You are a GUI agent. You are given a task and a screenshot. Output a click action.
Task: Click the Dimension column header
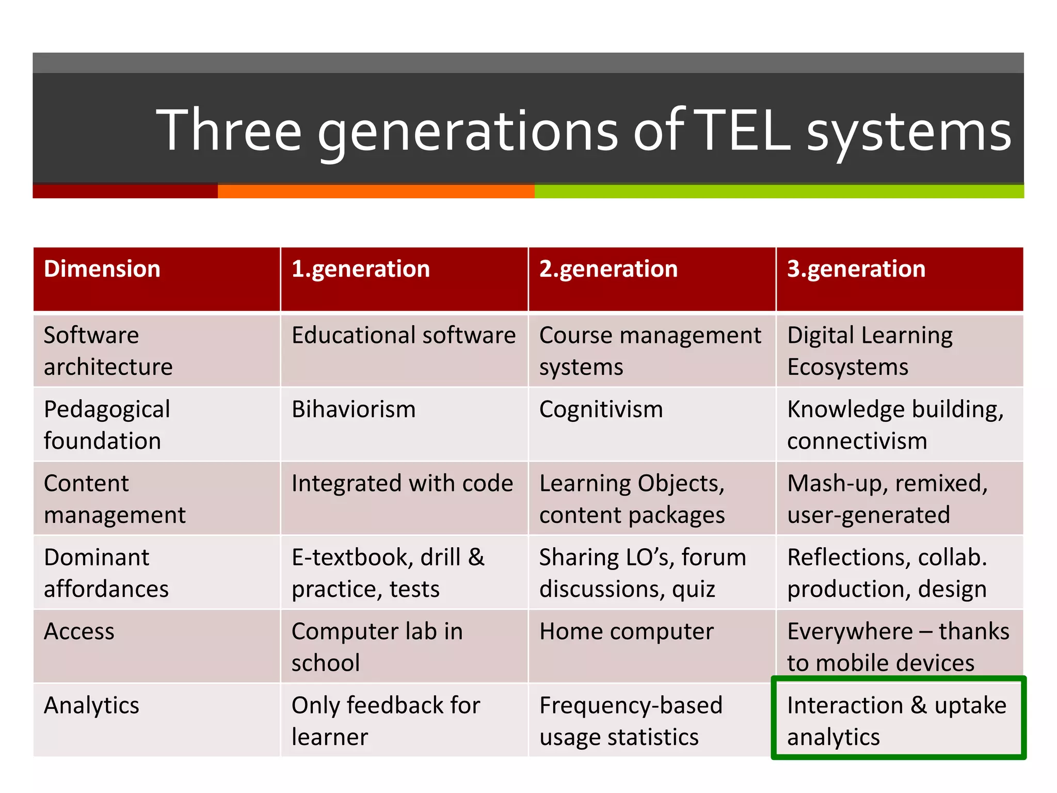[102, 269]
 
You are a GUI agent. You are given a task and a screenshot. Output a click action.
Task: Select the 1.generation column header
[360, 269]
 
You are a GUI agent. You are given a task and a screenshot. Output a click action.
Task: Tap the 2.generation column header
[608, 269]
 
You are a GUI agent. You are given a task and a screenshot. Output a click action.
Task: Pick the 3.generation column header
[856, 269]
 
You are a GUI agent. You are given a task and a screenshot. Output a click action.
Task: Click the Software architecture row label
[108, 351]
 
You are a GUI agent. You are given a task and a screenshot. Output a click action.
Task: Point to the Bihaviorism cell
[354, 409]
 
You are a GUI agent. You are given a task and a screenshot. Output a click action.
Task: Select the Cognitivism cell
[601, 409]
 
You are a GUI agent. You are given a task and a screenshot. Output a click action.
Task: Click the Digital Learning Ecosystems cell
[870, 351]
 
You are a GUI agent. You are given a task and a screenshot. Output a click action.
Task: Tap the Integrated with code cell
[402, 484]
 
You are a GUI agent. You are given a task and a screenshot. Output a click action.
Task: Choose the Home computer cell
[626, 631]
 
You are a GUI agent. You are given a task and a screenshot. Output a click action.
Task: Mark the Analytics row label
[91, 705]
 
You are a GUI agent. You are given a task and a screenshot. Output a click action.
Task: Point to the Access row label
[79, 631]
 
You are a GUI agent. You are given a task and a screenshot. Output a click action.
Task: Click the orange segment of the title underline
[376, 192]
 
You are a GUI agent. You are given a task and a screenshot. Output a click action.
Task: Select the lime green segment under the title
[779, 192]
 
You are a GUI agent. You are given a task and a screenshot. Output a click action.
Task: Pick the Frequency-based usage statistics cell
[630, 721]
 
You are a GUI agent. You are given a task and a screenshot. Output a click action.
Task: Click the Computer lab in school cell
[377, 647]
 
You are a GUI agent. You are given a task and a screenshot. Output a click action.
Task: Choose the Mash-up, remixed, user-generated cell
[887, 499]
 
